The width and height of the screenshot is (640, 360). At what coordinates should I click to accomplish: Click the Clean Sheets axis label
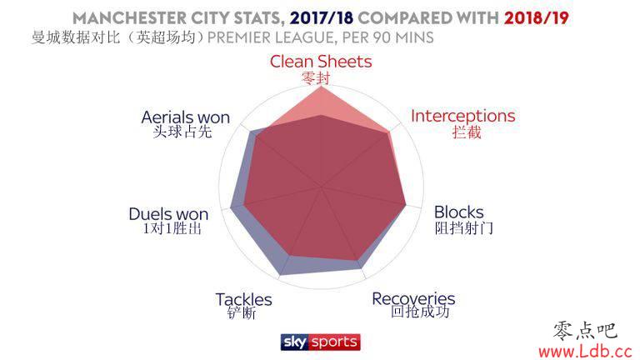321,62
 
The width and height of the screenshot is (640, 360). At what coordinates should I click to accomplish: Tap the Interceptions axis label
462,116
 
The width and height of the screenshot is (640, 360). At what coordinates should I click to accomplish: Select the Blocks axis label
459,212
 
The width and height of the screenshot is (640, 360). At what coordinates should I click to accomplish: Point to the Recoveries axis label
413,299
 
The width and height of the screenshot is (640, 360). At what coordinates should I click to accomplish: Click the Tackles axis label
243,300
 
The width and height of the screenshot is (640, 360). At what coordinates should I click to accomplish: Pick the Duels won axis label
168,214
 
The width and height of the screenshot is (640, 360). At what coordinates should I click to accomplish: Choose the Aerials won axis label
186,117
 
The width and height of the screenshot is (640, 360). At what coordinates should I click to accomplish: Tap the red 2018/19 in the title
537,18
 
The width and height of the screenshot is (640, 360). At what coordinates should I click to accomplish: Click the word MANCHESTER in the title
129,18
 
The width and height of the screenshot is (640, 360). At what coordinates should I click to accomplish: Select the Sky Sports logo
320,342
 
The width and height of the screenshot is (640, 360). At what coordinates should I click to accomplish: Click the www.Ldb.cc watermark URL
585,351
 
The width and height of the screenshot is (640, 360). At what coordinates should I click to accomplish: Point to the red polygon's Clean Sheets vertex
322,87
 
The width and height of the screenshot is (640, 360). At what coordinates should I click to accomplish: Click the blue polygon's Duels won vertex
231,208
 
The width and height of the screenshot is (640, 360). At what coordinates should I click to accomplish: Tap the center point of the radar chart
322,187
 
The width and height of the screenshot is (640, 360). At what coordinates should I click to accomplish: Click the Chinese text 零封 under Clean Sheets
316,78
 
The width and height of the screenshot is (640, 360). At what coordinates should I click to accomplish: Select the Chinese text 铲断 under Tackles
242,313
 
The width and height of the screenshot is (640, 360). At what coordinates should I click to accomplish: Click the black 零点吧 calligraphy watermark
585,331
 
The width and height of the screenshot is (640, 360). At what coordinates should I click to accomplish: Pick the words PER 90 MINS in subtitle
387,38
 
